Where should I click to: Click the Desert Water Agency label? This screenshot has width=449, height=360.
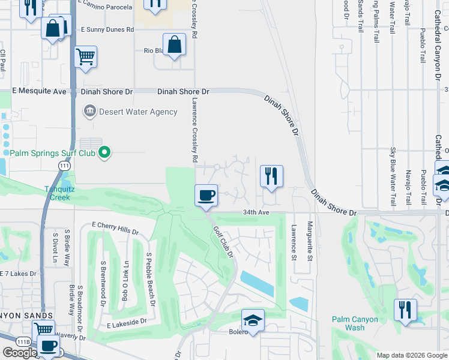[x=139, y=112]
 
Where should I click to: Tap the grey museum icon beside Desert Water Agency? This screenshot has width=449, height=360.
[x=90, y=111]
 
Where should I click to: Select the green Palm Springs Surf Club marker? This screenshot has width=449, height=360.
[x=105, y=152]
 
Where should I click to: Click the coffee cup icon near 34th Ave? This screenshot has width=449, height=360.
[x=206, y=196]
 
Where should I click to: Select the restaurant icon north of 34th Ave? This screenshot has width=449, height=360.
[x=271, y=176]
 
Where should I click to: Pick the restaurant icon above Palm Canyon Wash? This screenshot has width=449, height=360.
[x=406, y=310]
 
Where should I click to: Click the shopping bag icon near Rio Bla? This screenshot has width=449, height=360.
[x=174, y=44]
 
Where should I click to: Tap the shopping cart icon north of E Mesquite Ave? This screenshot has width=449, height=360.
[x=86, y=58]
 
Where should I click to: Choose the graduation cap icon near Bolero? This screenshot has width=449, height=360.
[x=253, y=320]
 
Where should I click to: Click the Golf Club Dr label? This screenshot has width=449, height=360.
[x=223, y=242]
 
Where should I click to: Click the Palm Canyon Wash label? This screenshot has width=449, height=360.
[x=355, y=323]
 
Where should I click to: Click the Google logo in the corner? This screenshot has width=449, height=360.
[x=20, y=353]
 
